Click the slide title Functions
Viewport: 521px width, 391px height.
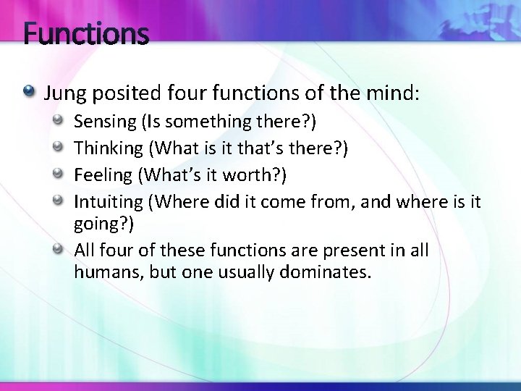click(x=86, y=34)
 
